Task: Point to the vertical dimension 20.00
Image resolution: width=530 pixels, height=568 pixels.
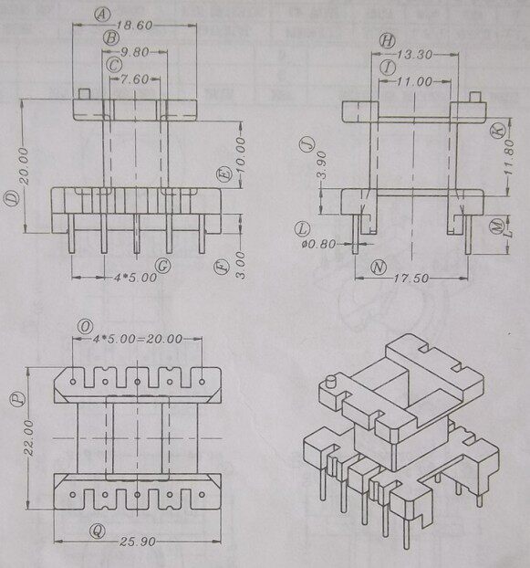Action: (x=23, y=165)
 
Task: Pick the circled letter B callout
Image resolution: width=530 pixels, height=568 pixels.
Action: (x=110, y=37)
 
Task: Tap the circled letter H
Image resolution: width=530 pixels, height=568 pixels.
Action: (x=388, y=40)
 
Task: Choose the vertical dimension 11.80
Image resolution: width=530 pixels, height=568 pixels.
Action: (x=495, y=159)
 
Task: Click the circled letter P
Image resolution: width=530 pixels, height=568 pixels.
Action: (x=16, y=398)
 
